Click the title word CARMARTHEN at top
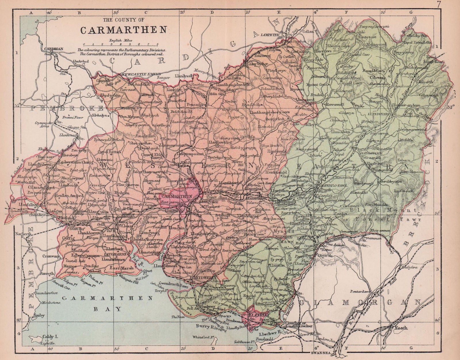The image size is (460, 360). (x=120, y=30)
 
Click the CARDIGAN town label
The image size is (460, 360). (x=54, y=49)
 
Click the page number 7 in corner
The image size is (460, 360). (x=453, y=4)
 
